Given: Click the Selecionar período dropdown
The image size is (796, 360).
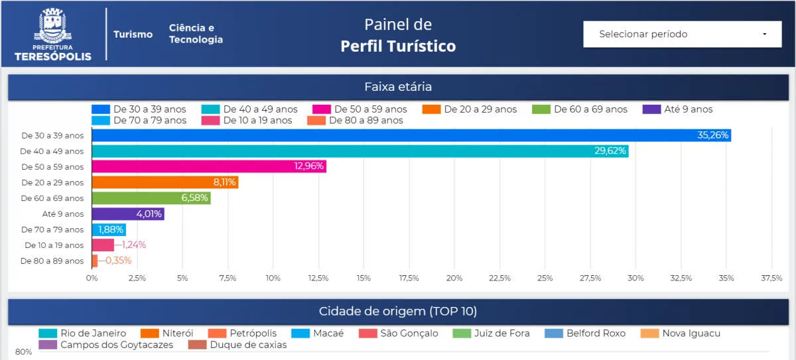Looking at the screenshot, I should click(682, 34).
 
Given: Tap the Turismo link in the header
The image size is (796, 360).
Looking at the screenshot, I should click(133, 34).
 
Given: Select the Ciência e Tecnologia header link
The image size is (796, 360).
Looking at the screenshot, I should click(196, 34).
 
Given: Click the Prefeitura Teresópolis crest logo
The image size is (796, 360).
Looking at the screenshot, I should click(53, 34).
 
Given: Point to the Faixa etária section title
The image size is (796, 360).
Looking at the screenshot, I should click(398, 87).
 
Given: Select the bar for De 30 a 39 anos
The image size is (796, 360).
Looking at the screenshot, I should click(411, 135).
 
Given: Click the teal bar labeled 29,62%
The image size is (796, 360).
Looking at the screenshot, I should click(360, 151).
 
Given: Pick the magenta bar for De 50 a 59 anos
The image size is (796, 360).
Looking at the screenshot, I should click(208, 166).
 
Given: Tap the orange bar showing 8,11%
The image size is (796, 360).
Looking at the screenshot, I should click(165, 182).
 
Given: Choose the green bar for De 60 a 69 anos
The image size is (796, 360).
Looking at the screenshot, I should click(151, 198).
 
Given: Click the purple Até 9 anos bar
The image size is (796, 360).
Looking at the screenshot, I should click(127, 213).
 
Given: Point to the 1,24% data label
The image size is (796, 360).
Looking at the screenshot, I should click(133, 245).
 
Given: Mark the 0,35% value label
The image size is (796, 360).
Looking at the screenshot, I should click(119, 261).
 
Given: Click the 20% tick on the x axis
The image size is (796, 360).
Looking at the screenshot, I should click(454, 278).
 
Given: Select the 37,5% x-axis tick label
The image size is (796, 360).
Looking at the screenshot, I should click(771, 278).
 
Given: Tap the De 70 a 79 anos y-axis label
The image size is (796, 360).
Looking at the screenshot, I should click(52, 229).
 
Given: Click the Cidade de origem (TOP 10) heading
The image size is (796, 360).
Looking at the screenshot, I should click(398, 312).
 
